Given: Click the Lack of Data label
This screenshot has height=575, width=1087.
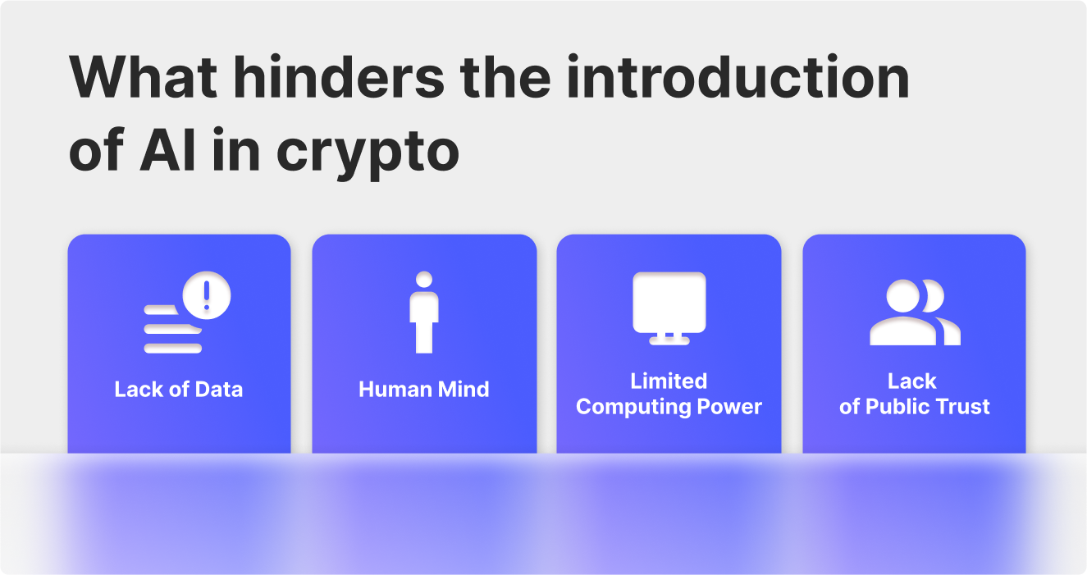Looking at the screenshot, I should [x=179, y=389].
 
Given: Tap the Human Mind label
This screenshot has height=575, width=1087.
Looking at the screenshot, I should [x=423, y=389].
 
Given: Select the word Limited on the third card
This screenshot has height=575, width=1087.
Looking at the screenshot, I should [x=669, y=381].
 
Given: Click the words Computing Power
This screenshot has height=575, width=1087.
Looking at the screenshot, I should [x=669, y=406].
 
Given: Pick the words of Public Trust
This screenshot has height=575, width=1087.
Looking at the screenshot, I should [x=914, y=406].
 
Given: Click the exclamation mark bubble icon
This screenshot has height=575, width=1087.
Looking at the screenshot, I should [x=207, y=295].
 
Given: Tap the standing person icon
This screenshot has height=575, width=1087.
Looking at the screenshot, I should [x=424, y=313].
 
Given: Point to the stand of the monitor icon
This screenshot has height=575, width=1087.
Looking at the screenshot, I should [x=669, y=337].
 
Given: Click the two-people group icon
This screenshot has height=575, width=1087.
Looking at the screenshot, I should [x=914, y=313].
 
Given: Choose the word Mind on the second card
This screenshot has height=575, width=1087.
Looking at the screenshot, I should [x=464, y=389].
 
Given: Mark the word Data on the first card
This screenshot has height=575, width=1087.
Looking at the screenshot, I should [x=219, y=389].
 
